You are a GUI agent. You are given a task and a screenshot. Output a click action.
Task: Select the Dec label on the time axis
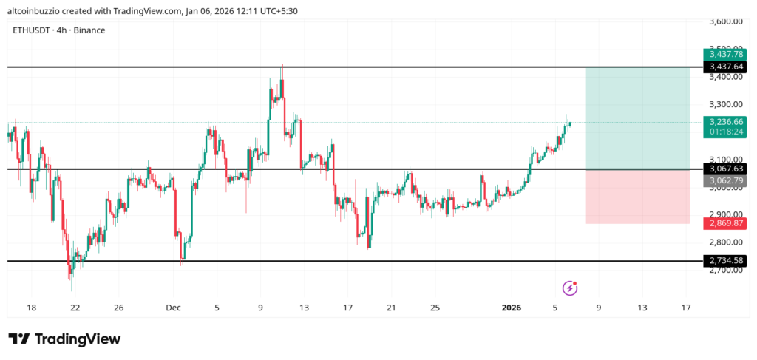point(173,308)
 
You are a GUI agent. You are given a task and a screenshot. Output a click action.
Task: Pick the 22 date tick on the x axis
point(75,308)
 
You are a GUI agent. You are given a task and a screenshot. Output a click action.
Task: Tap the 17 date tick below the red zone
point(685,308)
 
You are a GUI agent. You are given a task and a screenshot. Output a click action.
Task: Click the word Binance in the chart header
point(89,30)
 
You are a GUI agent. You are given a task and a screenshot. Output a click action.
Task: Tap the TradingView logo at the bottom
point(64,339)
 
